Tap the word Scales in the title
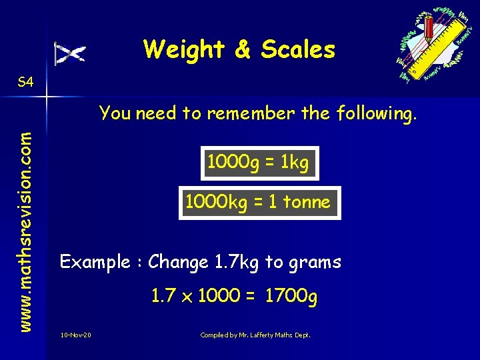click(x=298, y=49)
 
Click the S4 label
click(x=26, y=82)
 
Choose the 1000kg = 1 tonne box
click(x=257, y=202)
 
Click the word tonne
click(x=306, y=202)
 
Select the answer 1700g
click(x=291, y=296)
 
